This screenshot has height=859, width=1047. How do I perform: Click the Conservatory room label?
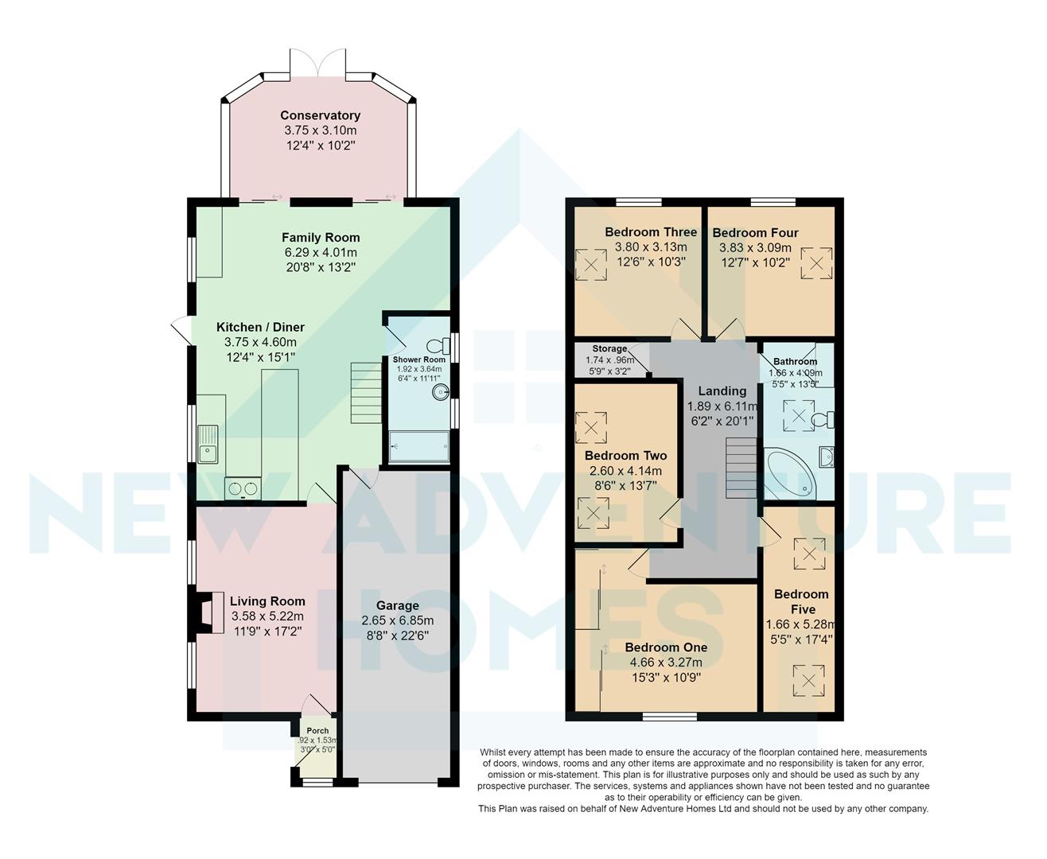[x=320, y=115]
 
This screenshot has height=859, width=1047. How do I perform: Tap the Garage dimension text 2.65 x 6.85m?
[x=397, y=620]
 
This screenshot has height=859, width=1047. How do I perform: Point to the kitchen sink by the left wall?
[x=208, y=444]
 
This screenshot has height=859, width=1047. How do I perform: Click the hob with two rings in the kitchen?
[x=242, y=487]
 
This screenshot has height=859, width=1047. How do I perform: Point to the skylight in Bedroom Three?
[x=590, y=265]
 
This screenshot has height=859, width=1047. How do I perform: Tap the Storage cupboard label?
[x=609, y=349]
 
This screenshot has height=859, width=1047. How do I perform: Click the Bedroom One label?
[x=666, y=647]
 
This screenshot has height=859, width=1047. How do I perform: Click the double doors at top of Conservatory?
[x=318, y=64]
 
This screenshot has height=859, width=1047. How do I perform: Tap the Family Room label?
[x=321, y=237]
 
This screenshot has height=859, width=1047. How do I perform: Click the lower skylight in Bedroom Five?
[x=809, y=680]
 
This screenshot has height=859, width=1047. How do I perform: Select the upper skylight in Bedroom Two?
[x=592, y=425]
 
